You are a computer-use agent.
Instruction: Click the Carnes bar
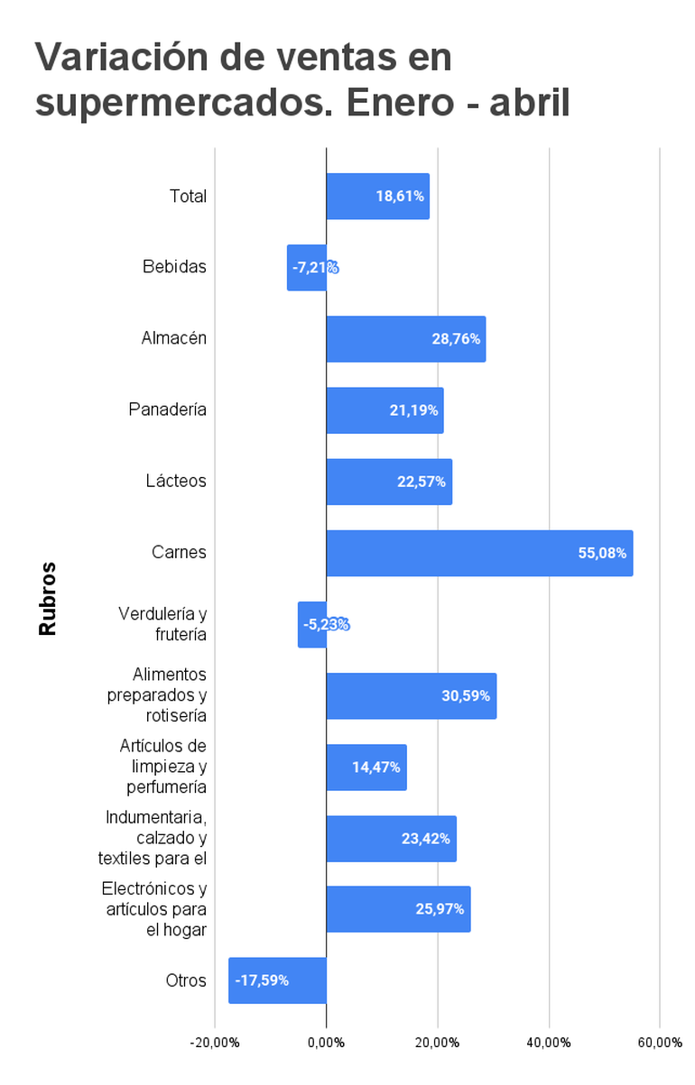[479, 553]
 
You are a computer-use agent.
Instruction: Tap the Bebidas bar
[307, 267]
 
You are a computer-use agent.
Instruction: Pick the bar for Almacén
[405, 339]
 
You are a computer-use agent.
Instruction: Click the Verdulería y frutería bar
[312, 624]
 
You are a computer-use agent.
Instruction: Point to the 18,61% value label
[400, 197]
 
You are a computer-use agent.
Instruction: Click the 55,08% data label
[602, 553]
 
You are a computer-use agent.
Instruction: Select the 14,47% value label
[376, 768]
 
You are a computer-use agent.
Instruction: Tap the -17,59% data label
[262, 980]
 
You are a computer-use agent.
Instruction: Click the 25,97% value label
[440, 909]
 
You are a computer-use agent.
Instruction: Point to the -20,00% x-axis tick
[215, 1043]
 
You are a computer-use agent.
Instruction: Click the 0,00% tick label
[326, 1043]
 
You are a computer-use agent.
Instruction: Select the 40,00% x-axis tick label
[549, 1043]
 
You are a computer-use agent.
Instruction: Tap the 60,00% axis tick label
[659, 1043]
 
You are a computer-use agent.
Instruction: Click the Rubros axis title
[48, 599]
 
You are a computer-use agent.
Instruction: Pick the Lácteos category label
[176, 481]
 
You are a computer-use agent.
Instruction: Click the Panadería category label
[168, 409]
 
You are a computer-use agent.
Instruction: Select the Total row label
[188, 196]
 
